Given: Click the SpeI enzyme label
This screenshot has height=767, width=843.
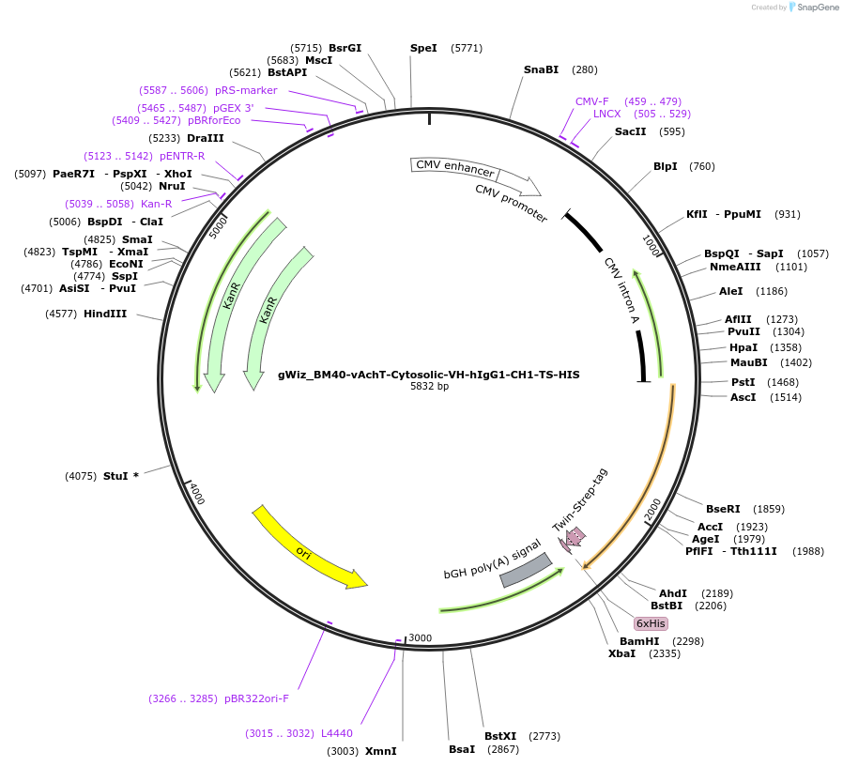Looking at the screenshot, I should click(x=423, y=48).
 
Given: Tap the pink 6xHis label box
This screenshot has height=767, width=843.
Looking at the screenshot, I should click(x=651, y=623).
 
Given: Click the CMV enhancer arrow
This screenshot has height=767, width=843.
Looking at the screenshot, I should click(x=455, y=168).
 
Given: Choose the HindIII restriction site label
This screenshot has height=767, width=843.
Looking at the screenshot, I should click(x=105, y=314).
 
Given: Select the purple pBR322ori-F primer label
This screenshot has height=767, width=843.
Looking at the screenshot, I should click(x=256, y=698).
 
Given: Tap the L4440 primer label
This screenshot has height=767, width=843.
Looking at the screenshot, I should click(x=336, y=733).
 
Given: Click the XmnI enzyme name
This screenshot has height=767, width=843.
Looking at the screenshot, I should click(x=380, y=751).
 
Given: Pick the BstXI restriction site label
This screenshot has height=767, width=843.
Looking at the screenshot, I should click(x=500, y=736).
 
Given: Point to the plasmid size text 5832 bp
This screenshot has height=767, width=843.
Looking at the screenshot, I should click(x=429, y=386).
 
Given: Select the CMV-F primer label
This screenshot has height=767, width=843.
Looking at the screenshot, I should click(x=592, y=101).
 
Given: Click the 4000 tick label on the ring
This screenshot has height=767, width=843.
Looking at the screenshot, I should click(x=197, y=495).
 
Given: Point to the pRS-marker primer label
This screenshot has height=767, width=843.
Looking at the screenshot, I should click(x=246, y=90).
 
